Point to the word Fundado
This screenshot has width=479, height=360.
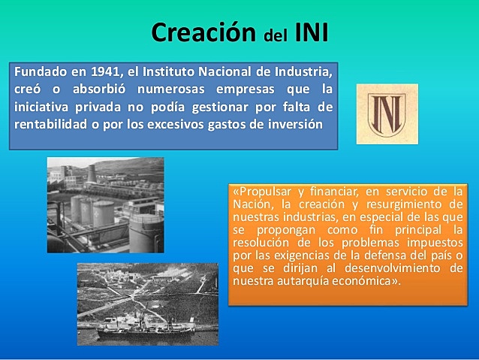pos(41,73)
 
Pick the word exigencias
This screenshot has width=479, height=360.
pos(289,256)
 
